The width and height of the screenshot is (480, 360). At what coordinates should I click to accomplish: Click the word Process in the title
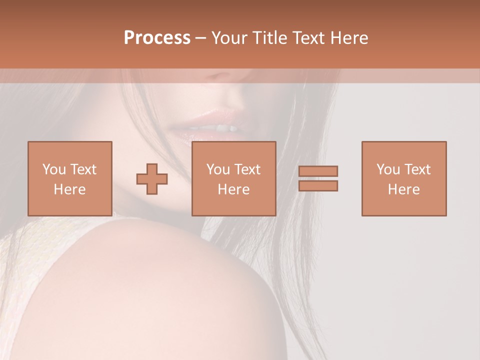tap(157, 38)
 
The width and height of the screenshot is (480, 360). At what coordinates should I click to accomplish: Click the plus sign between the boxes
tap(152, 179)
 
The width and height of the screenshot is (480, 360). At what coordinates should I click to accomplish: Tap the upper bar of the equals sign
tap(318, 171)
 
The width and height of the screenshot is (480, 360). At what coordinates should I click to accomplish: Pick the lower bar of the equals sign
tap(318, 185)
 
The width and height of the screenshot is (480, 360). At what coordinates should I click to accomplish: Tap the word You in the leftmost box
tap(54, 169)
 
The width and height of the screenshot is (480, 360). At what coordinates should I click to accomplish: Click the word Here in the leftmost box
tap(69, 189)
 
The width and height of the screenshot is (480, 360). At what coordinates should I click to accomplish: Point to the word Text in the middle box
tap(247, 169)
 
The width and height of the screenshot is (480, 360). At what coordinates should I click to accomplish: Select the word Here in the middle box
tap(233, 189)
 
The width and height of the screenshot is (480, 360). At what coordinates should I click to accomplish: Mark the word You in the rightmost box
tap(388, 169)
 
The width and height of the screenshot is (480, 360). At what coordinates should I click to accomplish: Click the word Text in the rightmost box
tap(417, 169)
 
